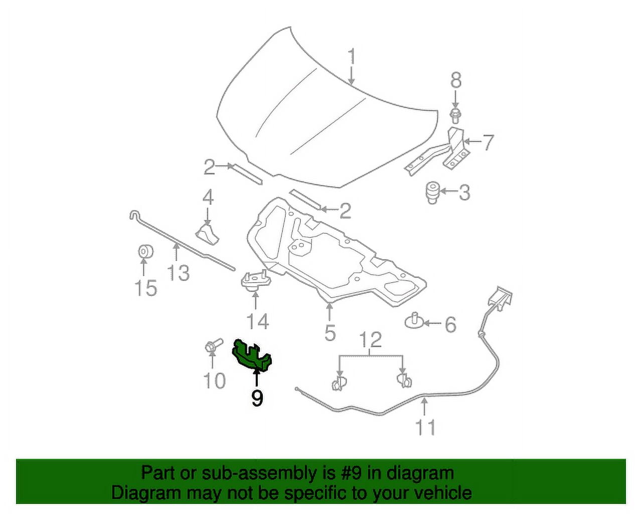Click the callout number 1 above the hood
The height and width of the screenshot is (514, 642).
[352, 57]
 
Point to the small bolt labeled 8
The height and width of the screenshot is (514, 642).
[454, 116]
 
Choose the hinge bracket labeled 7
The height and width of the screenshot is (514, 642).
[438, 152]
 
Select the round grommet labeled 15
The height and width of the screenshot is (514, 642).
[145, 251]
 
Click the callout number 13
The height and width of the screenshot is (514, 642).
[179, 273]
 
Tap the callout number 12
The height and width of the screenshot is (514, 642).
[371, 340]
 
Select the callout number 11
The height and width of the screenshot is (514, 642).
[425, 427]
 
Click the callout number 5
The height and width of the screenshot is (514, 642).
[330, 331]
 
